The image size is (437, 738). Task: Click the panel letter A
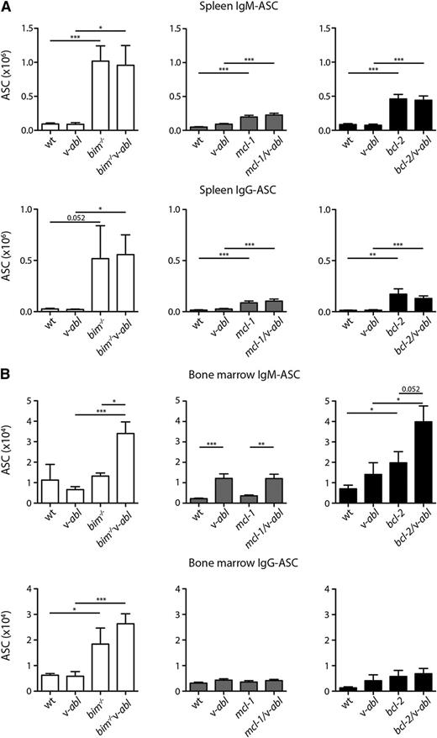click(8, 8)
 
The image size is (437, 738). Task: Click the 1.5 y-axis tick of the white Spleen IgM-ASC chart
click(35, 28)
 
